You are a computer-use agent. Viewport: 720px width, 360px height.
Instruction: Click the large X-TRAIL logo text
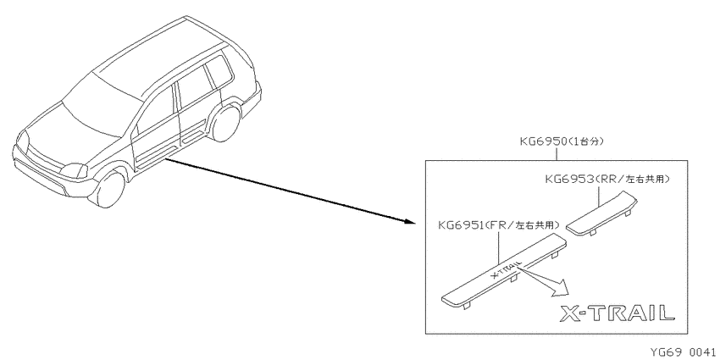(618, 313)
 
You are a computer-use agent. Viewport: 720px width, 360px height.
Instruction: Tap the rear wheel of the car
(225, 123)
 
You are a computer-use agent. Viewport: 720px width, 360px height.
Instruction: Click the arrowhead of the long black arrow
(410, 222)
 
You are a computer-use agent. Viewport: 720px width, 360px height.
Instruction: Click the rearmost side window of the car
(219, 73)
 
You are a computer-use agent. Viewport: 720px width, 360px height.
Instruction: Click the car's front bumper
(51, 176)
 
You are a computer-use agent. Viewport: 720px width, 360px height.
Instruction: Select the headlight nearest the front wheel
(75, 170)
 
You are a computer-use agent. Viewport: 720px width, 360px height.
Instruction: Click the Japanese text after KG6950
(586, 141)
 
